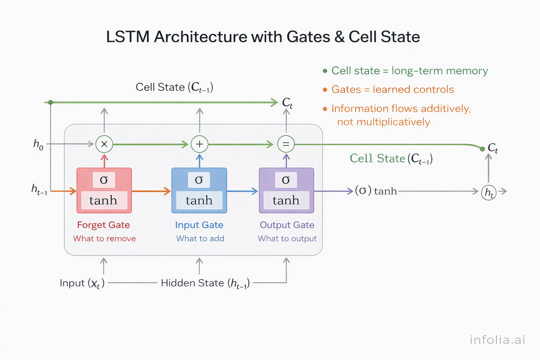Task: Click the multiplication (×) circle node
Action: coord(104,144)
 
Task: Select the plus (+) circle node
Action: coord(199,144)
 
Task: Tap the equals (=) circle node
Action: coord(285,144)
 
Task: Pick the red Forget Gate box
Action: coord(104,191)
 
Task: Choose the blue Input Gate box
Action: coord(199,191)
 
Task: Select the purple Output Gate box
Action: coord(286,191)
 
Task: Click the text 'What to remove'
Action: coord(104,239)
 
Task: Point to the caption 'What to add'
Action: coord(200,239)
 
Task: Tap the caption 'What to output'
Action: coord(287,239)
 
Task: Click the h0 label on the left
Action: coord(38,144)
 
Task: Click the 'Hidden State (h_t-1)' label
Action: coord(205,283)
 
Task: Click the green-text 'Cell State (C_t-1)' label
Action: coord(392,159)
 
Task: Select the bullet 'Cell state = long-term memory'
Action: coord(409,71)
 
